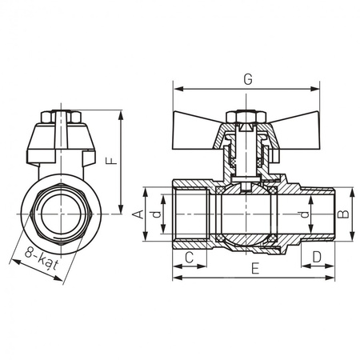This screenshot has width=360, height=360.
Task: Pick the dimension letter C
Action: tap(190, 257)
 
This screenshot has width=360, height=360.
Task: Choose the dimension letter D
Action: tap(317, 257)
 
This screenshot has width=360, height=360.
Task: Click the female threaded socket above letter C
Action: tap(190, 214)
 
